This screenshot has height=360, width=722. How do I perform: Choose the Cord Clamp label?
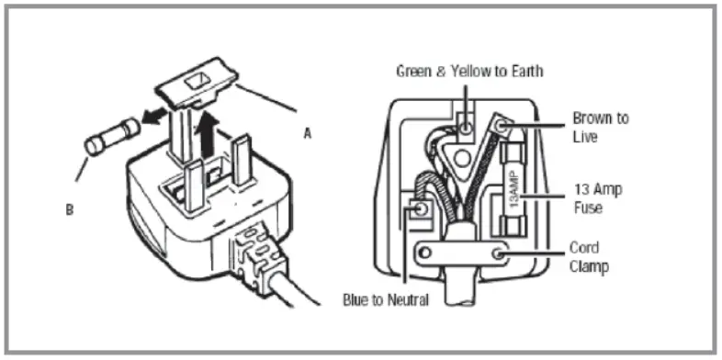[x=589, y=256]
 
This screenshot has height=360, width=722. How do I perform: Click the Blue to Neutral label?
[x=395, y=298]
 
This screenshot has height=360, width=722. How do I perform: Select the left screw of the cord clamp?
[x=424, y=251]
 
